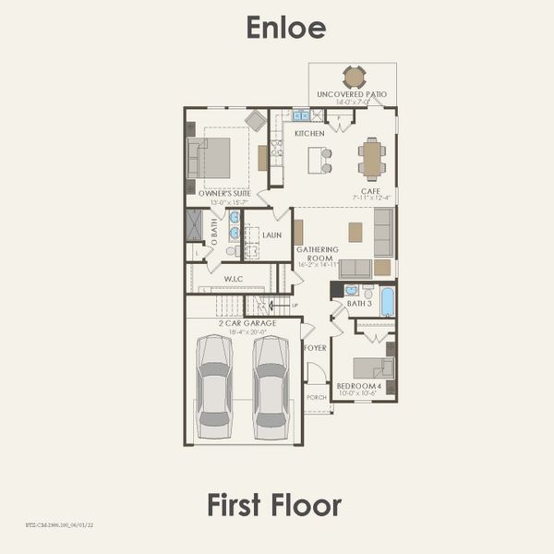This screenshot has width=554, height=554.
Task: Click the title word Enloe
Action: click(x=285, y=29)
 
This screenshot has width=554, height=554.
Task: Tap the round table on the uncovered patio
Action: click(x=354, y=77)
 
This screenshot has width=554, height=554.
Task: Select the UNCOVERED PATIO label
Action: click(x=352, y=94)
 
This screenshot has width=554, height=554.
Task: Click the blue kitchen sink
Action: click(x=300, y=115)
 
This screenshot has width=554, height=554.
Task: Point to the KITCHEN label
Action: click(x=309, y=134)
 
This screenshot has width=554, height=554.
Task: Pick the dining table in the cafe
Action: click(x=372, y=159)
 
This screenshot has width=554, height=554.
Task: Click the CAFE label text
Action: click(x=371, y=190)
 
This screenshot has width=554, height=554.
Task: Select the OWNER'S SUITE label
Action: click(x=217, y=194)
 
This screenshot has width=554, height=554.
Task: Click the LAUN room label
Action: click(x=271, y=235)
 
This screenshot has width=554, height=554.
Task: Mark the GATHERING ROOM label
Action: click(x=317, y=254)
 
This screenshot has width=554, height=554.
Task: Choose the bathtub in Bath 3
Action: click(x=386, y=301)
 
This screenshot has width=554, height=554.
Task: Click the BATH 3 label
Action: click(x=359, y=304)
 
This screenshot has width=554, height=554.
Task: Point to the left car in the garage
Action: click(x=215, y=386)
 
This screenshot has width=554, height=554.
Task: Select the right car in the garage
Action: click(x=271, y=386)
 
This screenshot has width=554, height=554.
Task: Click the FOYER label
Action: click(x=316, y=348)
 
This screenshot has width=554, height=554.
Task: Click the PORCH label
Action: click(x=316, y=398)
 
